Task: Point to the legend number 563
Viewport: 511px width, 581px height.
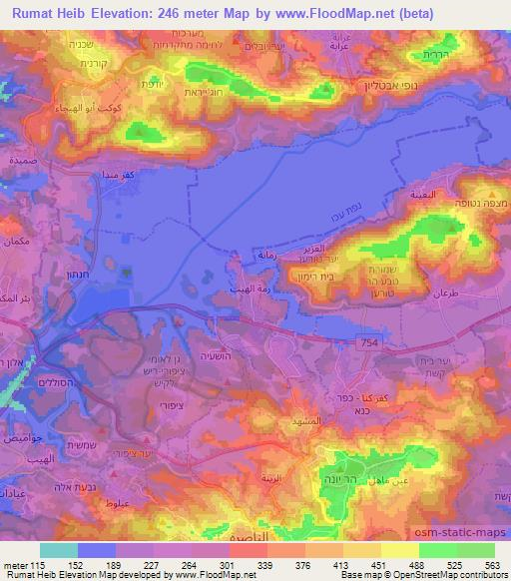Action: click(493, 564)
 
